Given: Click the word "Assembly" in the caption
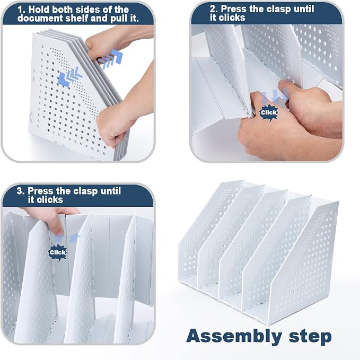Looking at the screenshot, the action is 234,336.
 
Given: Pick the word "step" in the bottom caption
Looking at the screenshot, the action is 310,337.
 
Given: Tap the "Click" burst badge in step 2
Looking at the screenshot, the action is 269,112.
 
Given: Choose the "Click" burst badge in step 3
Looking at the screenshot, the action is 58,252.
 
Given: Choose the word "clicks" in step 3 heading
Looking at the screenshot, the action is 46,199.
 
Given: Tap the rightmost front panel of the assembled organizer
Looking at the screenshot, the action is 303,264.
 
